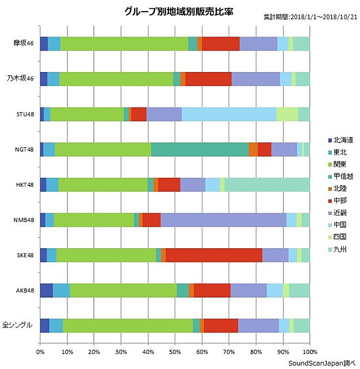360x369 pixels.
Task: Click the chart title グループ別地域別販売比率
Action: coord(179,11)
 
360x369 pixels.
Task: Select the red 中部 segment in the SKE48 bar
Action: coord(214,255)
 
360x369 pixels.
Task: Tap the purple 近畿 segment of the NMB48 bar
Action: coord(223,220)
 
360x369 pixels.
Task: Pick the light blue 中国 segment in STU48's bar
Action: coord(229,114)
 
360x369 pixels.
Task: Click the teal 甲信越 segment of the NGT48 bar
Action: coord(199,149)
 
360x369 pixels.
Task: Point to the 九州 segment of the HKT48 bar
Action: coord(267,184)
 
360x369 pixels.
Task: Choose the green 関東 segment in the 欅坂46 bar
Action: coord(124,43)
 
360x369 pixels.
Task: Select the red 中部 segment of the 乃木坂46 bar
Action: coord(208,79)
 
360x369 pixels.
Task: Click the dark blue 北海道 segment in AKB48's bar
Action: coord(47,290)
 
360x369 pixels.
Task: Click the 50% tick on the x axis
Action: coord(175,351)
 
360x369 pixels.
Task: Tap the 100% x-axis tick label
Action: coord(309,351)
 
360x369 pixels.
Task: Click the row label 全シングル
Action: coord(19,326)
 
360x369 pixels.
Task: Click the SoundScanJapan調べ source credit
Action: coord(322,363)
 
